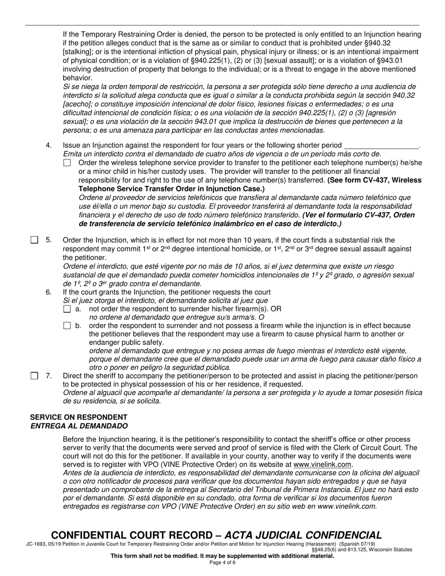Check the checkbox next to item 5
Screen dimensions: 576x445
34,240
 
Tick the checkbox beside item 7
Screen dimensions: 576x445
34,376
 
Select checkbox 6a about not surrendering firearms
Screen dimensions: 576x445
67,309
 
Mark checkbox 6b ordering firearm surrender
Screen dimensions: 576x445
67,325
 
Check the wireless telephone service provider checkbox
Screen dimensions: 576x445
67,162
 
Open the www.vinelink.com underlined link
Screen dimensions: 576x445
322,465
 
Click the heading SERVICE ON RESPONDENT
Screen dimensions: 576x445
79,417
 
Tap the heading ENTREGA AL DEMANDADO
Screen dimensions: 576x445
79,426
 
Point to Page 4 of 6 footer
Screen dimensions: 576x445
222,563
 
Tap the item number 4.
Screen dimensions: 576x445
49,145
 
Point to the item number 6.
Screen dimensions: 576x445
49,292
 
